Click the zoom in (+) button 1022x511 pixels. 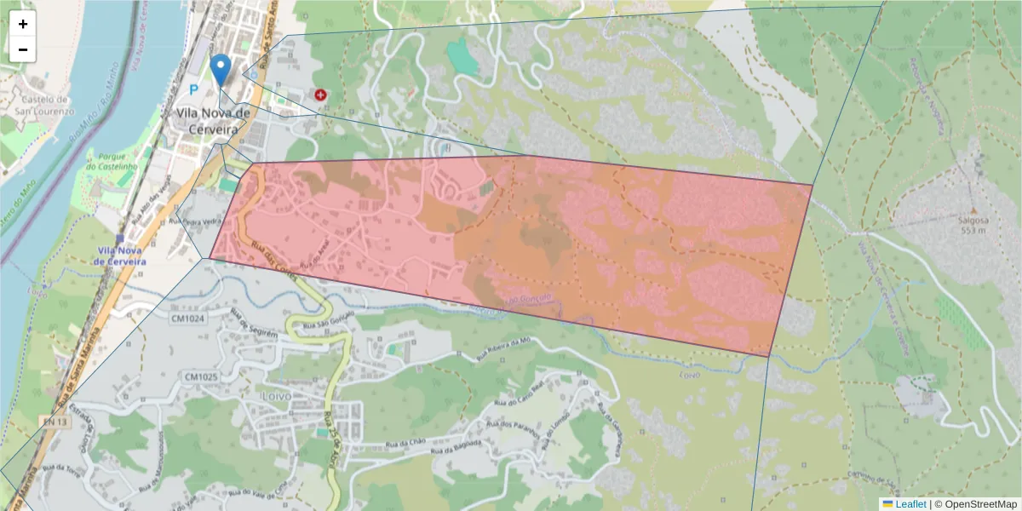pos(23,25)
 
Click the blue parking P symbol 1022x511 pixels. pos(193,89)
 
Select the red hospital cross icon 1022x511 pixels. pos(321,96)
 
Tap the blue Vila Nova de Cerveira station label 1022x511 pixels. pos(120,255)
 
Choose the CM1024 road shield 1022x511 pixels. pos(189,319)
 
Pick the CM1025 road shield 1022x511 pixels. pos(201,376)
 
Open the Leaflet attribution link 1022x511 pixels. pos(910,504)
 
